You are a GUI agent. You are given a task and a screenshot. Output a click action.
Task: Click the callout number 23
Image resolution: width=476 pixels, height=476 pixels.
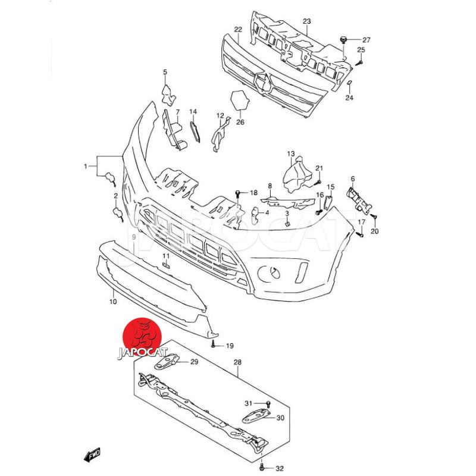(x=307, y=21)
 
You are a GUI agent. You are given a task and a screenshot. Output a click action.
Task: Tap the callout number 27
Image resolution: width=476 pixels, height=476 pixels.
(x=367, y=40)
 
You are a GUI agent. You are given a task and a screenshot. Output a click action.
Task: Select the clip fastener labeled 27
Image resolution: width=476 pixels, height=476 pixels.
(x=343, y=39)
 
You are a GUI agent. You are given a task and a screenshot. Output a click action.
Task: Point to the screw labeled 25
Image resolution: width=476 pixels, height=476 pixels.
(x=360, y=63)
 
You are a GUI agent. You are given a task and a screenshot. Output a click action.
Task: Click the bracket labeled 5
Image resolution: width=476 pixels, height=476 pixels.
(x=168, y=95)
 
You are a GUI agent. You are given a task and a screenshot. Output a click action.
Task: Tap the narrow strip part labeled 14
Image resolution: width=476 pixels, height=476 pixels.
(x=195, y=131)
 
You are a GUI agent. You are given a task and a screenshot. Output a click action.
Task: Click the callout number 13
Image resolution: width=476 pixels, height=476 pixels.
(x=291, y=154)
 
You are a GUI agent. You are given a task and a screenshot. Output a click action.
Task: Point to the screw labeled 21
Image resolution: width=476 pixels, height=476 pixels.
(x=318, y=182)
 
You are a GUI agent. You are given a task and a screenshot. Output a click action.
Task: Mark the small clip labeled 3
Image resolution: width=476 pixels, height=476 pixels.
(x=288, y=224)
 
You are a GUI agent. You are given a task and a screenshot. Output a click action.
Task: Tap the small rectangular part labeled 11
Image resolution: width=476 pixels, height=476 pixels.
(x=166, y=265)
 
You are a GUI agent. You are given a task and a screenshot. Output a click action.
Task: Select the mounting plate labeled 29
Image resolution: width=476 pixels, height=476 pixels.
(x=166, y=361)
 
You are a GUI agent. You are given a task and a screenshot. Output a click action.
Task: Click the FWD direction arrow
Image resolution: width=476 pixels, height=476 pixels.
(x=92, y=455)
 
